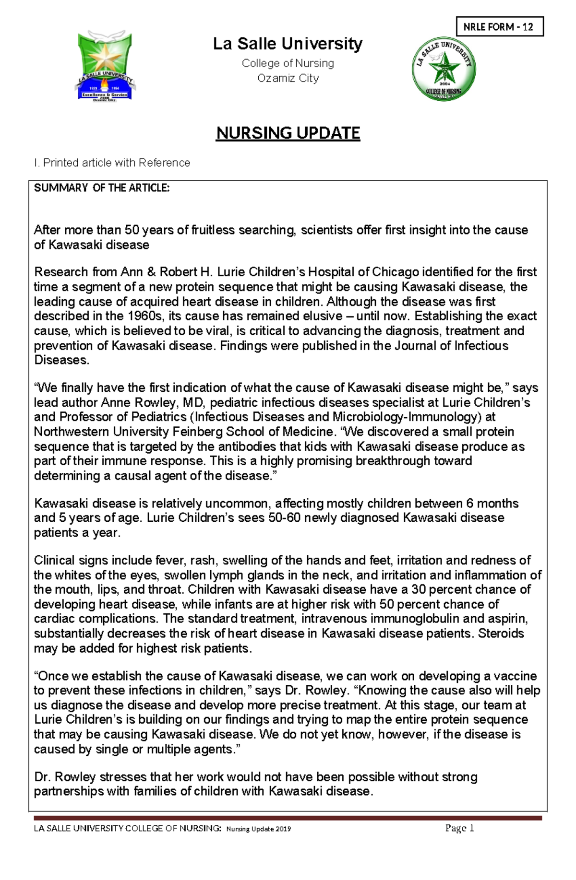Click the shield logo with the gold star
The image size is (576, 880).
(105, 66)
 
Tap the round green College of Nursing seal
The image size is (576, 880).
(444, 69)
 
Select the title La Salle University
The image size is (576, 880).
(288, 44)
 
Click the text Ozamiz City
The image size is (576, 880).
(288, 78)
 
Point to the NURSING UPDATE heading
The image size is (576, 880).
(288, 133)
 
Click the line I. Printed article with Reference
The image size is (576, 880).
(112, 163)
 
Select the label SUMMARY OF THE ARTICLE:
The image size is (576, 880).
(102, 188)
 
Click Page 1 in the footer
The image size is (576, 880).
(459, 828)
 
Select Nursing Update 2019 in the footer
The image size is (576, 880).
(259, 829)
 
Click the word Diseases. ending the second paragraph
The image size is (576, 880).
(61, 361)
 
